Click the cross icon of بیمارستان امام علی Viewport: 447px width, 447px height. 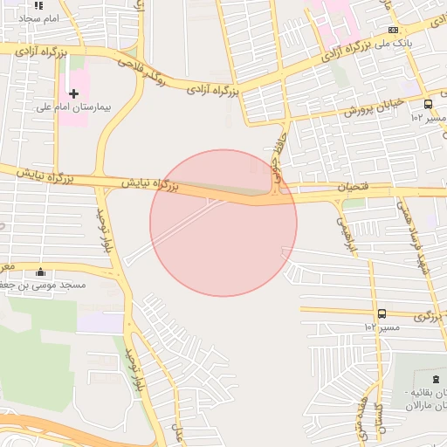coord(73,93)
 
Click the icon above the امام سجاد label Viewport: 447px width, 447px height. coord(38,5)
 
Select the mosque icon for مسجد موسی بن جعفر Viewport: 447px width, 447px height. coord(41,272)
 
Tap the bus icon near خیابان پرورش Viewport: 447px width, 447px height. coord(427,104)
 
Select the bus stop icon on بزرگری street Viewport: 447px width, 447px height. coord(382,313)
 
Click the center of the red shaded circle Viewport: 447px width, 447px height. coord(223,223)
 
